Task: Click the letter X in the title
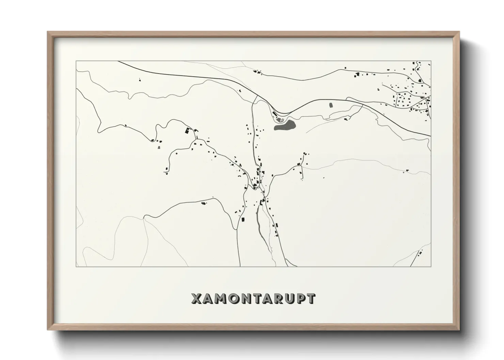coord(196,299)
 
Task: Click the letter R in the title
coord(276,299)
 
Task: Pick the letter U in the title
coord(288,299)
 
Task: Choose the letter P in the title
coord(299,299)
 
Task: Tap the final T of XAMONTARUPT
coord(310,299)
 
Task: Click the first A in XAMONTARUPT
coord(208,299)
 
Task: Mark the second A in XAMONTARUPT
coord(265,299)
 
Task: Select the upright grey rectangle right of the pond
coord(330,105)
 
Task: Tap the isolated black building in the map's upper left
coord(140,80)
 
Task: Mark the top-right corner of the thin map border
coord(431,61)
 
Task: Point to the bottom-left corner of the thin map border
coord(76,266)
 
